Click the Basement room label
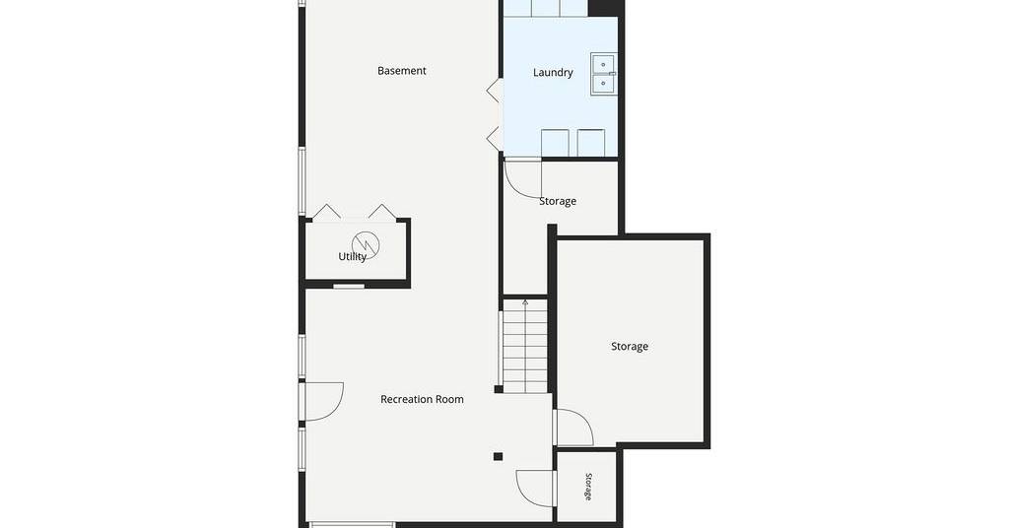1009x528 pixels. [402, 71]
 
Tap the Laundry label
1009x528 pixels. [553, 73]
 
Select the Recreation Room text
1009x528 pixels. [422, 399]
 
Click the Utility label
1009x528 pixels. [352, 256]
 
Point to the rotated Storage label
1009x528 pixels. [588, 487]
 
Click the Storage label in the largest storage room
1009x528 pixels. [630, 347]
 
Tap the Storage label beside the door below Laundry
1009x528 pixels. [558, 201]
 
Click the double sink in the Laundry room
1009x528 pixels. [604, 75]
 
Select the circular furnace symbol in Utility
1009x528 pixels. [366, 243]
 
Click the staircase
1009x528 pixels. [525, 346]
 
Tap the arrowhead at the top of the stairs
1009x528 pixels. [525, 301]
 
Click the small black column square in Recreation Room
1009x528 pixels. [498, 457]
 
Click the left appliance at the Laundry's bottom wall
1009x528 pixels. [555, 143]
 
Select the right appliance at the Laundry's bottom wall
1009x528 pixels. [591, 143]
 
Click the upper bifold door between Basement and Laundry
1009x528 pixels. [494, 90]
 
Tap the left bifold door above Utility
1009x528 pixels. [327, 212]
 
